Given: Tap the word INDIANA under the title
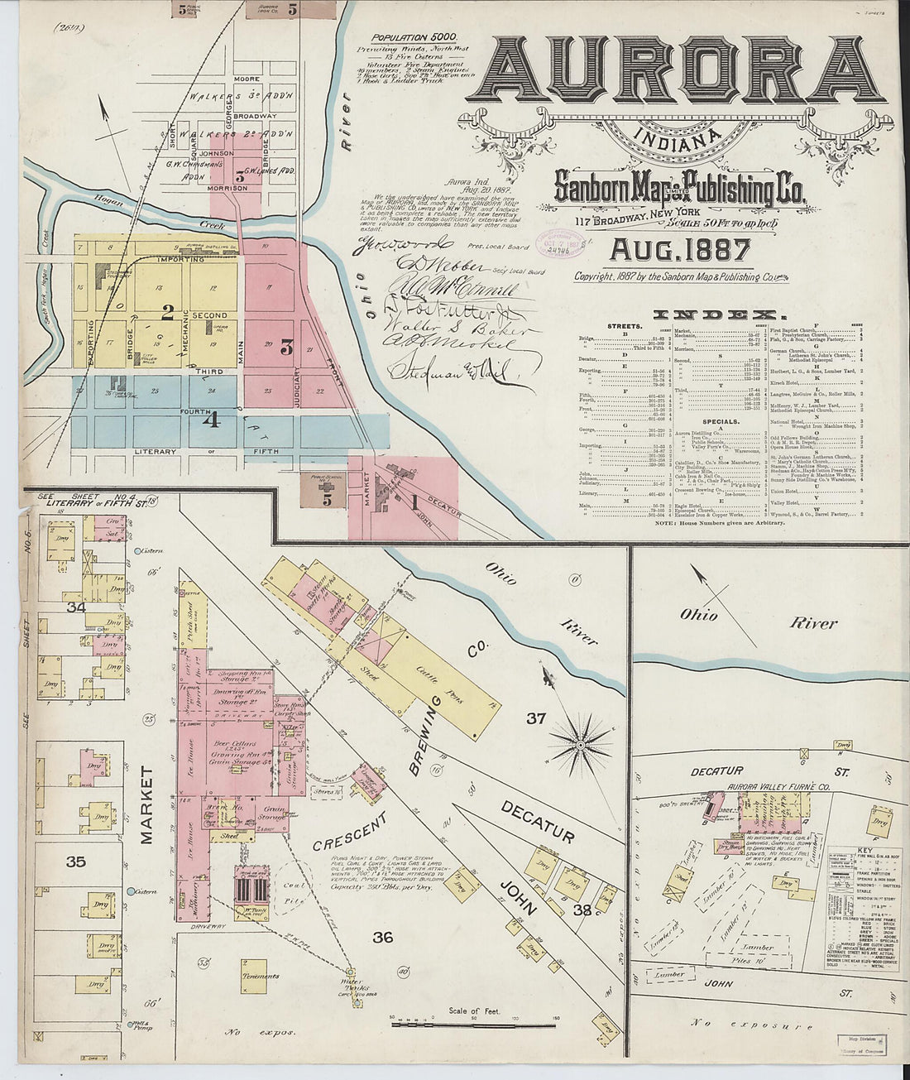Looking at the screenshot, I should (x=675, y=138).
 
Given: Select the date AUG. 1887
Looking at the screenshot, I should (x=680, y=248).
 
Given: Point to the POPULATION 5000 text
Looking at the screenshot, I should (x=410, y=38).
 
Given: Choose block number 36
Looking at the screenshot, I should (x=382, y=937).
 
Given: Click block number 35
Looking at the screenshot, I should (x=75, y=862).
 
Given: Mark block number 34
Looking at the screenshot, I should (x=76, y=607).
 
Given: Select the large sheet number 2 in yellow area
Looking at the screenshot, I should (x=167, y=313).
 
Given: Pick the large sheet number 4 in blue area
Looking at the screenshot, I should (x=211, y=420).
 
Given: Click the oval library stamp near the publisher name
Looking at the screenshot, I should (x=563, y=243).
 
